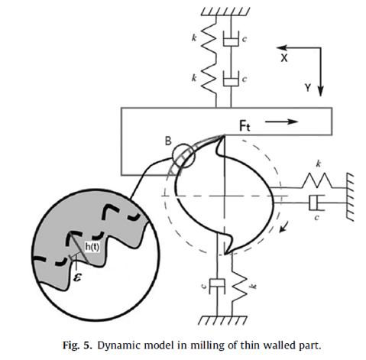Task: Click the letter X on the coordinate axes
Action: [x=284, y=58]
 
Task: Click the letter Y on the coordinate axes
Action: [x=308, y=88]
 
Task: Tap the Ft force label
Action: [x=245, y=126]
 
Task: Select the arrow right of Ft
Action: [x=282, y=122]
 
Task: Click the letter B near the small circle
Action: [x=168, y=141]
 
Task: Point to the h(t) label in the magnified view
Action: [x=92, y=247]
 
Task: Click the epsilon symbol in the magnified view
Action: [x=77, y=277]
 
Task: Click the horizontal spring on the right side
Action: [x=317, y=180]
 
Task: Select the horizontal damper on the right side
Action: [x=316, y=203]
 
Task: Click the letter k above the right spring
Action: [x=319, y=164]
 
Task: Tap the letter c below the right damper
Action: [x=316, y=218]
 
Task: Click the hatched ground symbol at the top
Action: [x=225, y=11]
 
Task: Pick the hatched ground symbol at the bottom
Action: [x=222, y=320]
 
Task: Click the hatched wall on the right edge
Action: [x=350, y=197]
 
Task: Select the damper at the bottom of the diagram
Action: [x=217, y=286]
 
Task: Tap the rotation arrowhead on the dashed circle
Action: [x=283, y=227]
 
